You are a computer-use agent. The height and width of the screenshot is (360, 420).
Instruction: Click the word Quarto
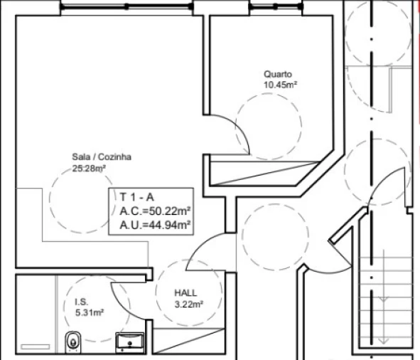[x=278, y=74]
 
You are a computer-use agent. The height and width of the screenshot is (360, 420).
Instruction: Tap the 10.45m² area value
[x=279, y=84]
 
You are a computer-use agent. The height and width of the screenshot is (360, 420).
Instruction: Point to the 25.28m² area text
[x=89, y=169]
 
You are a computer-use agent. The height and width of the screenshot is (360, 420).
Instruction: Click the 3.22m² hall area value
[x=189, y=304]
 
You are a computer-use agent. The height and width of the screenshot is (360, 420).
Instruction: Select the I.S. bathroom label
[x=82, y=302]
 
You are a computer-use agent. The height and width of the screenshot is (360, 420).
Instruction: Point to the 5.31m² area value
[x=90, y=312]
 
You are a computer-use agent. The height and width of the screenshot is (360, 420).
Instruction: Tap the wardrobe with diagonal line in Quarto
[x=263, y=171]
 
